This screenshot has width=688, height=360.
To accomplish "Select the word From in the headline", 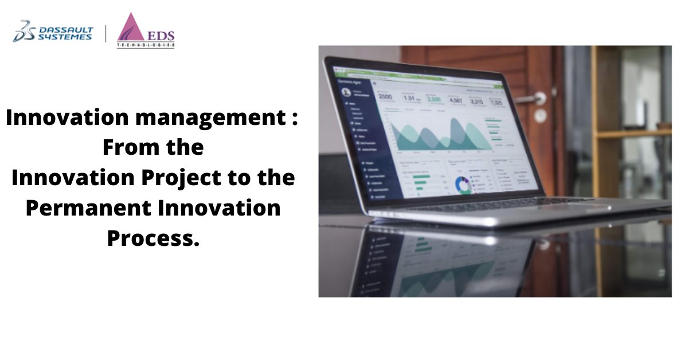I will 128,148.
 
